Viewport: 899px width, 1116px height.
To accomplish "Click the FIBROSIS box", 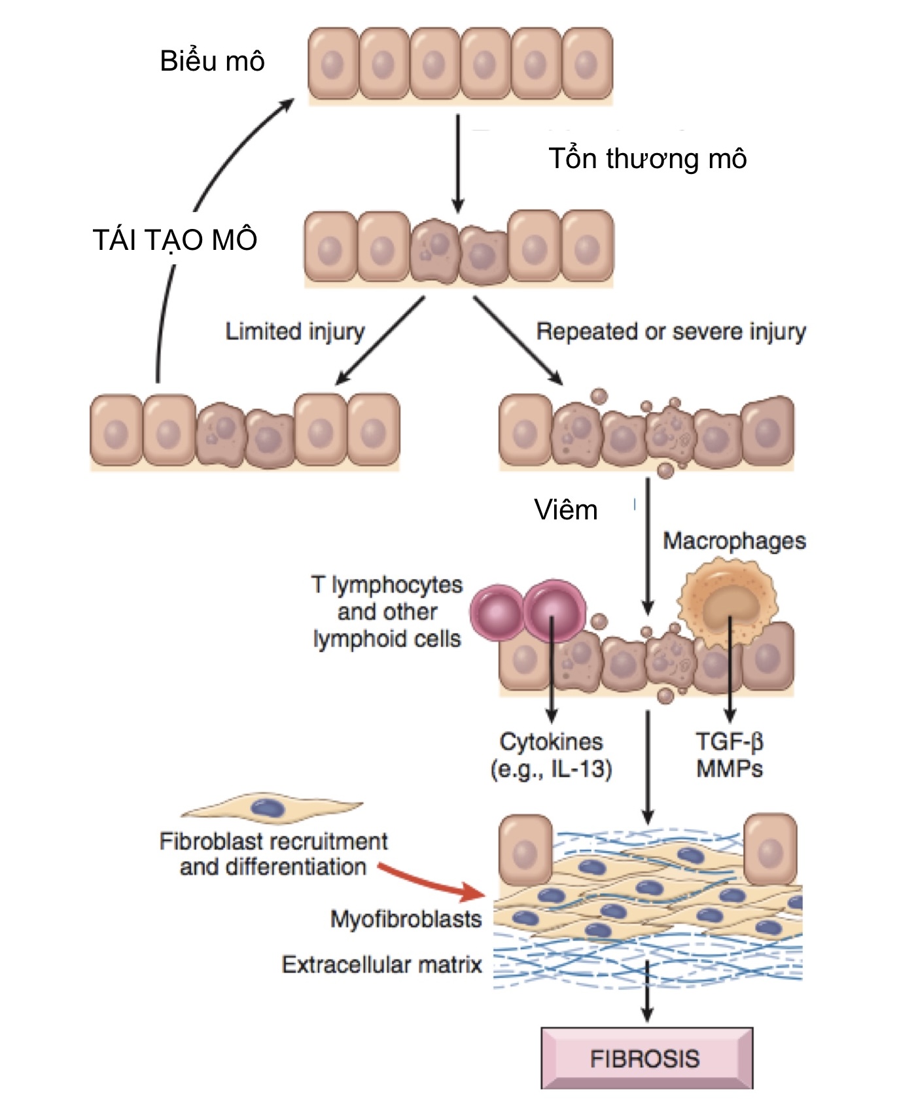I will coord(646,1058).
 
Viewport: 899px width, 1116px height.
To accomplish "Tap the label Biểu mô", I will coord(212,61).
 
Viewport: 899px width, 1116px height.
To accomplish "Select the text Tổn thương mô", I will coord(647,159).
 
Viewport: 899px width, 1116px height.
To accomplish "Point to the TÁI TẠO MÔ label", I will coord(175,240).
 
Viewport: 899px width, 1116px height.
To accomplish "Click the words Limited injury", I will coord(294,331).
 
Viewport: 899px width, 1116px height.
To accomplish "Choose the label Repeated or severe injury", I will coord(671,331).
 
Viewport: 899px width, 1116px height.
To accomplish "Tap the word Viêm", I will coord(565,510).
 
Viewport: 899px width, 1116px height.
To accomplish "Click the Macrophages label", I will coord(733,541).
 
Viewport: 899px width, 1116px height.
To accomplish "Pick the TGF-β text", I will coord(729,741).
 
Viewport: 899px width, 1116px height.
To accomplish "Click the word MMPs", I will coord(729,768).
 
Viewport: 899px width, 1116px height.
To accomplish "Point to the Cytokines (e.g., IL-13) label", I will coord(551,755).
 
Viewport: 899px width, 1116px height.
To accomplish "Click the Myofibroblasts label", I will coord(406,918).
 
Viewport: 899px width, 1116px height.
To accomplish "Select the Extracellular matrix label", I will coord(381,964).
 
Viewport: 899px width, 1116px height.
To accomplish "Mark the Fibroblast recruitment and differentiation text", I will coord(273,854).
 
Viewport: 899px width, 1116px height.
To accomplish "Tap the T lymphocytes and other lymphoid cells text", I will coord(387,612).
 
